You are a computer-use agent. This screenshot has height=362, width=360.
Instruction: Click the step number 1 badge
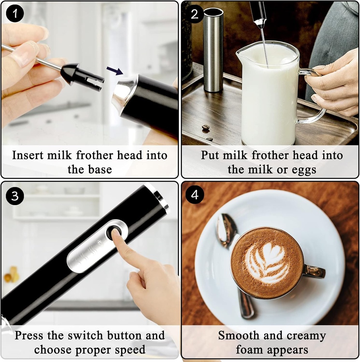point(14,14)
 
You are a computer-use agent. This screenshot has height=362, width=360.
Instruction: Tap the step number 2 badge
point(195,14)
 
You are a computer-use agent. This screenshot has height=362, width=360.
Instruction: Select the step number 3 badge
point(14,195)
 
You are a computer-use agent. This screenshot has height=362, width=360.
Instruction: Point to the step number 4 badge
point(195,195)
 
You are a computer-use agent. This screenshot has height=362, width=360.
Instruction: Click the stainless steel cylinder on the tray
point(213,49)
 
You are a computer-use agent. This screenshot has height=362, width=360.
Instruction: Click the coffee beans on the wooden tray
point(206,127)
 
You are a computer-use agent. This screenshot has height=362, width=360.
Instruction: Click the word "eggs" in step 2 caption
point(303,170)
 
